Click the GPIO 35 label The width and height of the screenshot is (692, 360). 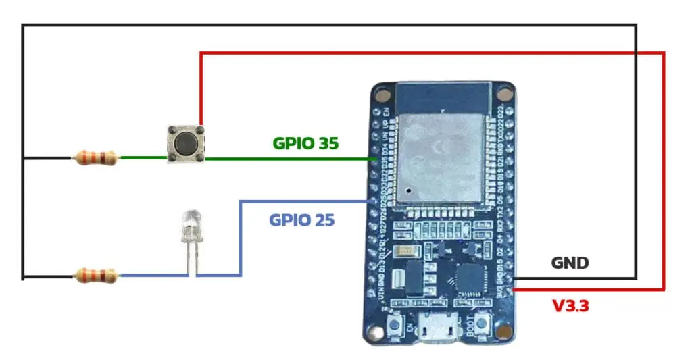(305, 143)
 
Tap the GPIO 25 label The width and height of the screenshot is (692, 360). (301, 220)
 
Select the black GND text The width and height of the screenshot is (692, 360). (570, 263)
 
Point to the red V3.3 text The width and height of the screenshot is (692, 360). (571, 306)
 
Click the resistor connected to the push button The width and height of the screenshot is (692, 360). (95, 159)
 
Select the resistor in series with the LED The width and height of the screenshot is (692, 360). (95, 275)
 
